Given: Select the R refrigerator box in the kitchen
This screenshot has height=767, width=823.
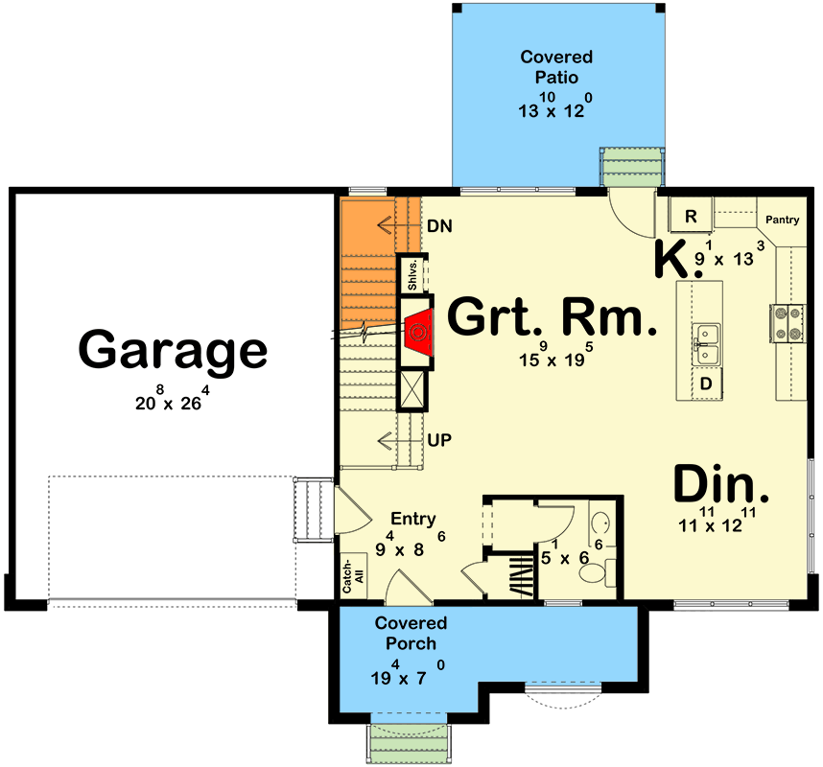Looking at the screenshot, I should pos(691,217).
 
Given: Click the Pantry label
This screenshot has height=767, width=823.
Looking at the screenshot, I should pos(783,220).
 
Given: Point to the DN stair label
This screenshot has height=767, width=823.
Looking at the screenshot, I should pos(439,226).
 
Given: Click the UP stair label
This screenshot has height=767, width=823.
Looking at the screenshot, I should pos(440,440).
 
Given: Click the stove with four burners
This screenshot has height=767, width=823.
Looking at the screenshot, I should pos(786,324).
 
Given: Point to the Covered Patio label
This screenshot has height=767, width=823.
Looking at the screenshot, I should pos(556,67).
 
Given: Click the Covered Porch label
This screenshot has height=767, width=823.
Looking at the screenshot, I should pos(411,633).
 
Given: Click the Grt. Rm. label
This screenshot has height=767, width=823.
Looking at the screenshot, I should pos(553,318).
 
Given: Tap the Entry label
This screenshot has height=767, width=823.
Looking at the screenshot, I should pos(412,519).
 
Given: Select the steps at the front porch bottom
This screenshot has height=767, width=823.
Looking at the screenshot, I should pos(410,741).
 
